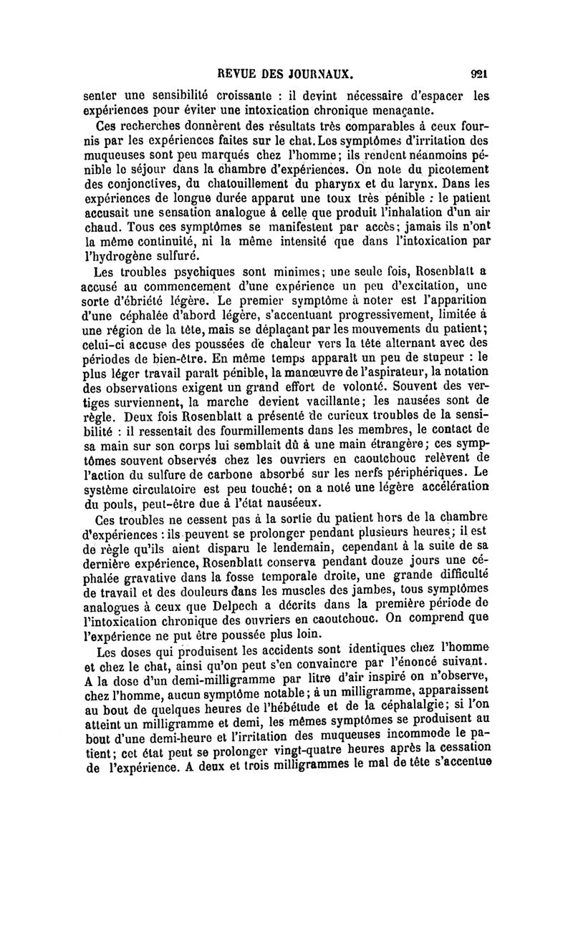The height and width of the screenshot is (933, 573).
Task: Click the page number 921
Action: (479, 73)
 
